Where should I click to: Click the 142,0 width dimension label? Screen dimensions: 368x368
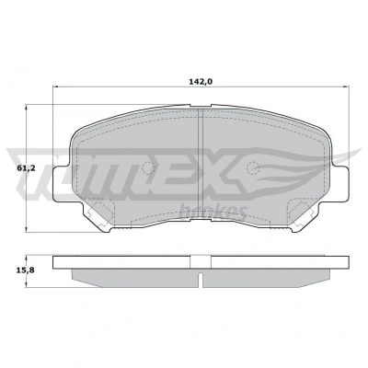(x=201, y=81)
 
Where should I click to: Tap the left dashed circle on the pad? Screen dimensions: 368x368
(x=149, y=167)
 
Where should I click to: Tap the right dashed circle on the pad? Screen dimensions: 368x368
(x=253, y=167)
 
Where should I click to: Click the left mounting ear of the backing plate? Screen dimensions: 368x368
(x=62, y=183)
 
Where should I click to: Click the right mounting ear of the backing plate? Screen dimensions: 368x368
(x=340, y=183)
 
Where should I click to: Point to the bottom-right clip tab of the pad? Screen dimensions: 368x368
(x=304, y=216)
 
